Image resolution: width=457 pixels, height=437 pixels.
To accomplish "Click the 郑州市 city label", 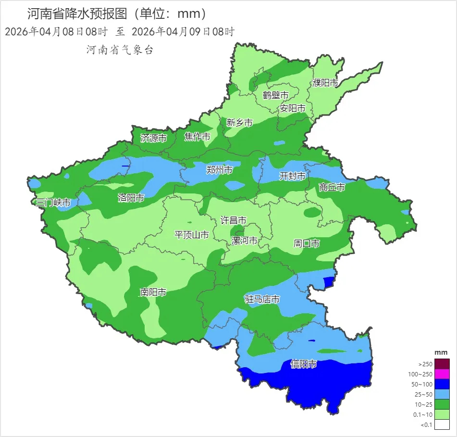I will coord(219,170).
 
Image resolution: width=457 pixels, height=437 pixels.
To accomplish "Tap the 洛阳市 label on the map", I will coord(131,198).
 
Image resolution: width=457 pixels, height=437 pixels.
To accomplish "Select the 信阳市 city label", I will coord(304,364).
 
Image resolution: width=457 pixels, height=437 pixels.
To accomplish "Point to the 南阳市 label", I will coord(153,292).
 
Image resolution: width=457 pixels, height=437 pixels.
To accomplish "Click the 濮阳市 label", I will coord(325,83).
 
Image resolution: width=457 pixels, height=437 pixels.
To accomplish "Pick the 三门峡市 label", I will coord(53,203).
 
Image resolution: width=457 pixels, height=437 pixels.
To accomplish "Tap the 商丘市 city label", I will coord(332,187).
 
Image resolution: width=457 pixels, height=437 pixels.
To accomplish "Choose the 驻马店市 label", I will coord(262,299).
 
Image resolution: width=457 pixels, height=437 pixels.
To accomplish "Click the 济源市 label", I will coord(153,138).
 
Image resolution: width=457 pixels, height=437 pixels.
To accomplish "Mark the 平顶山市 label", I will coord(191,235).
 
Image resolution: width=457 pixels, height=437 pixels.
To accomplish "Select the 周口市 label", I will coord(307,244).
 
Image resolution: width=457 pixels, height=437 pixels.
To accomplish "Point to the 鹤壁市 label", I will coord(276,95).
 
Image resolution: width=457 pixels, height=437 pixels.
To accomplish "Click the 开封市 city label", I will coord(292,176).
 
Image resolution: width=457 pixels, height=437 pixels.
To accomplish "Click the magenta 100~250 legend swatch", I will coord(443,374).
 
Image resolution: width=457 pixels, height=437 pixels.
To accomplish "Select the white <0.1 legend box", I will coord(443,424).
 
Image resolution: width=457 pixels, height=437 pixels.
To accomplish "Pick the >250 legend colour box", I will coord(443,364).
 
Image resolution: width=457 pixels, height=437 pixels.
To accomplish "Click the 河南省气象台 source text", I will coord(120,50).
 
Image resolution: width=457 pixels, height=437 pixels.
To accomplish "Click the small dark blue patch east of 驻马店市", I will coord(329,281).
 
